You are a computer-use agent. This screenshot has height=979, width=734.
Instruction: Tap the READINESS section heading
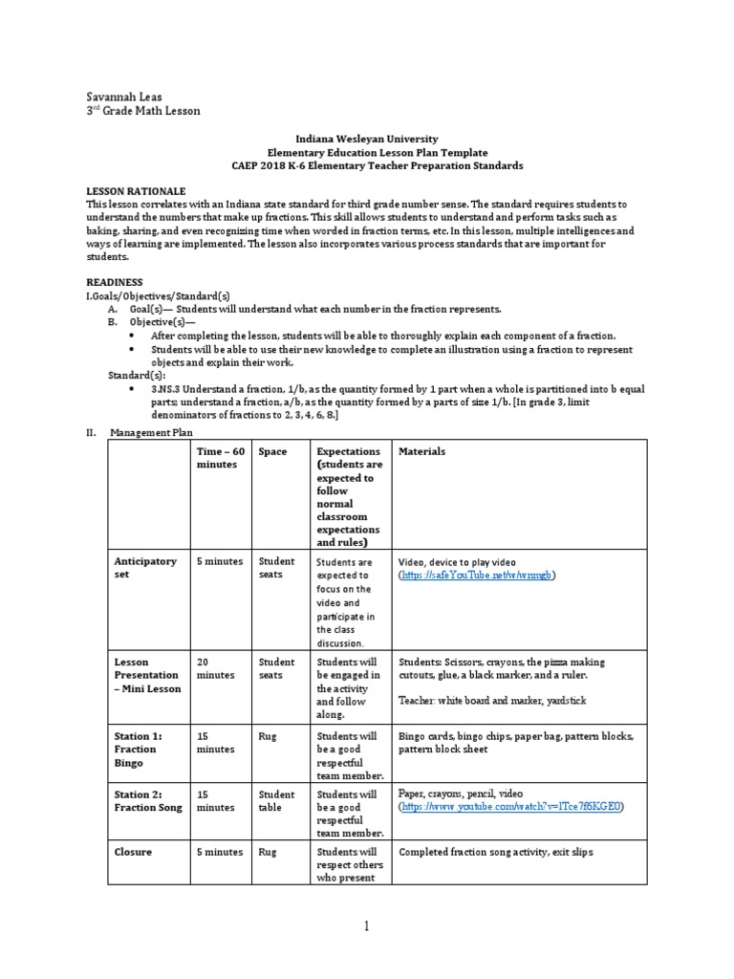pos(115,282)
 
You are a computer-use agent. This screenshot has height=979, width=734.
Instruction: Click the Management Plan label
pos(151,432)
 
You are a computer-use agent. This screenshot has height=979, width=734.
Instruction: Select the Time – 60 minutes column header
pos(221,458)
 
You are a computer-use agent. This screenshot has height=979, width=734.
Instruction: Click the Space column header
pos(272,451)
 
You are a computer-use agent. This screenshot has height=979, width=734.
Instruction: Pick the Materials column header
pos(421,451)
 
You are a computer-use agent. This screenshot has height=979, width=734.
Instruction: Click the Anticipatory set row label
pos(145,568)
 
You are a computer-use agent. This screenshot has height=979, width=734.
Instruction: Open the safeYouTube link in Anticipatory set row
pos(477,576)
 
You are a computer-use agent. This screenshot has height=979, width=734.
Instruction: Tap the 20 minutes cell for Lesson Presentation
pos(215,668)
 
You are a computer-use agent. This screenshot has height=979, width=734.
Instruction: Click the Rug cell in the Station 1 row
pos(268,737)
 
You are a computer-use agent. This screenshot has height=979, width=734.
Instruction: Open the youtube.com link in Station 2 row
pos(511,807)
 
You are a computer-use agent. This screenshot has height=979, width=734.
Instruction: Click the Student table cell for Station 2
pos(276,800)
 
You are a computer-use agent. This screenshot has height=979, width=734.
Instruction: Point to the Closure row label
pos(133,852)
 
